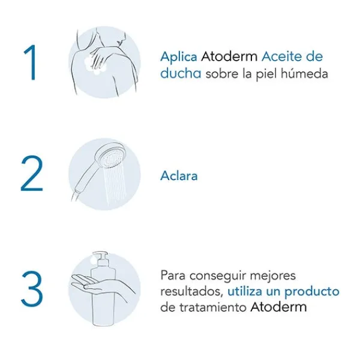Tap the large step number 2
[x=31, y=175]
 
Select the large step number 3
[x=31, y=289]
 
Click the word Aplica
[x=178, y=57]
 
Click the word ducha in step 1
[x=181, y=74]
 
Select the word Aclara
[x=179, y=176]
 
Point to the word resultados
[x=191, y=292]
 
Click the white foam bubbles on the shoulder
[x=95, y=64]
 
